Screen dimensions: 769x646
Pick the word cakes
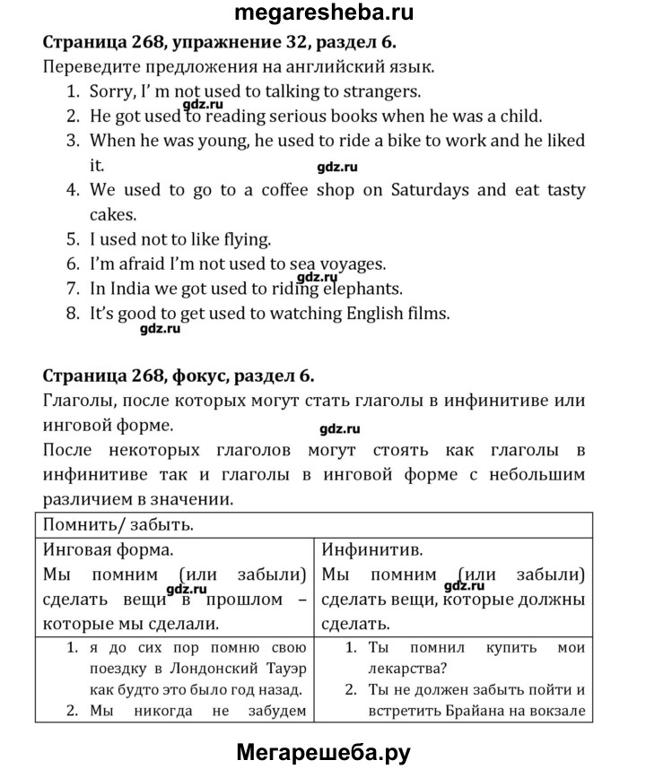click(113, 214)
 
